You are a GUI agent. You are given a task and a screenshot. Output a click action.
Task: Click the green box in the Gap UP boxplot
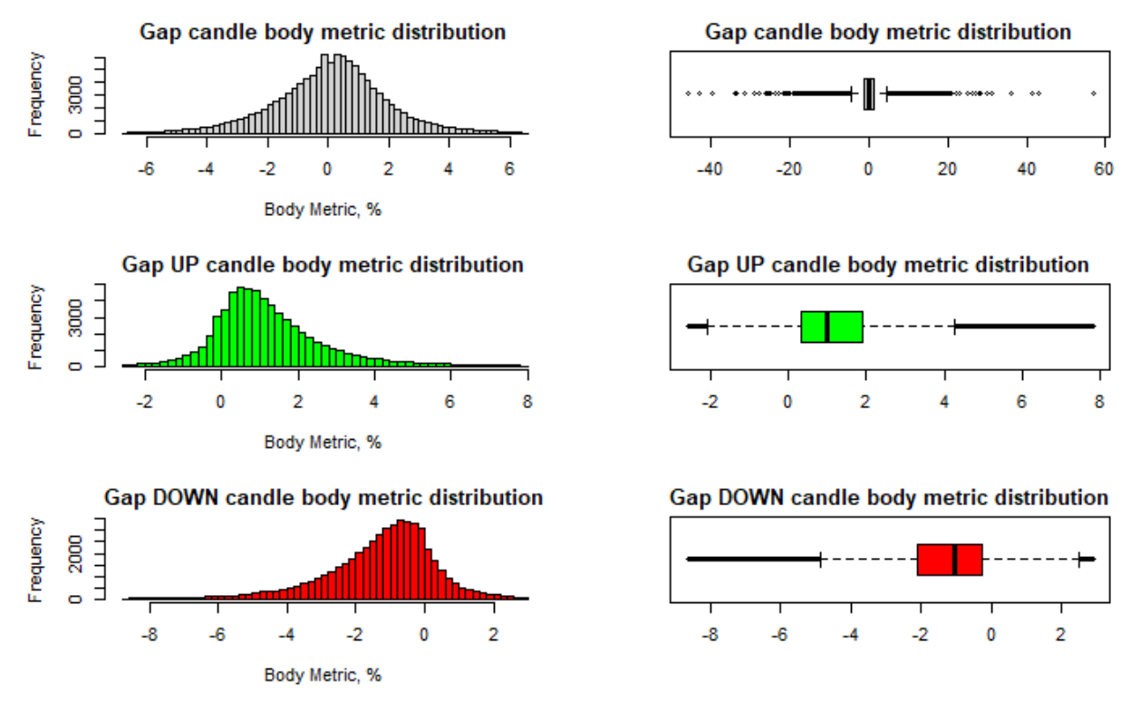831,327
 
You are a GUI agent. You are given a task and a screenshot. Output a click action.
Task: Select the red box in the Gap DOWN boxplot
949,559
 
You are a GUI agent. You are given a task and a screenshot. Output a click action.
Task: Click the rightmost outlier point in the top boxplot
1094,93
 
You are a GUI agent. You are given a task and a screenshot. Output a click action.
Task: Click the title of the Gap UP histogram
323,265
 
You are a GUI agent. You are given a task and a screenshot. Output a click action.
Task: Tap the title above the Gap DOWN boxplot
888,498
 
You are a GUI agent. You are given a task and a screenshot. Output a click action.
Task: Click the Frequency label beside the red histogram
36,559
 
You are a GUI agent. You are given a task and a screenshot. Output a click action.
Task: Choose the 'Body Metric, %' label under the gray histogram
323,210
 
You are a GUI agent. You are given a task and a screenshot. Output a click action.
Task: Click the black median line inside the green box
827,327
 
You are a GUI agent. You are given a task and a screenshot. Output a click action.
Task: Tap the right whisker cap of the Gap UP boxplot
955,327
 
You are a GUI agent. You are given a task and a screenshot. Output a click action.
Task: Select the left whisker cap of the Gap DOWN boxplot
820,559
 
